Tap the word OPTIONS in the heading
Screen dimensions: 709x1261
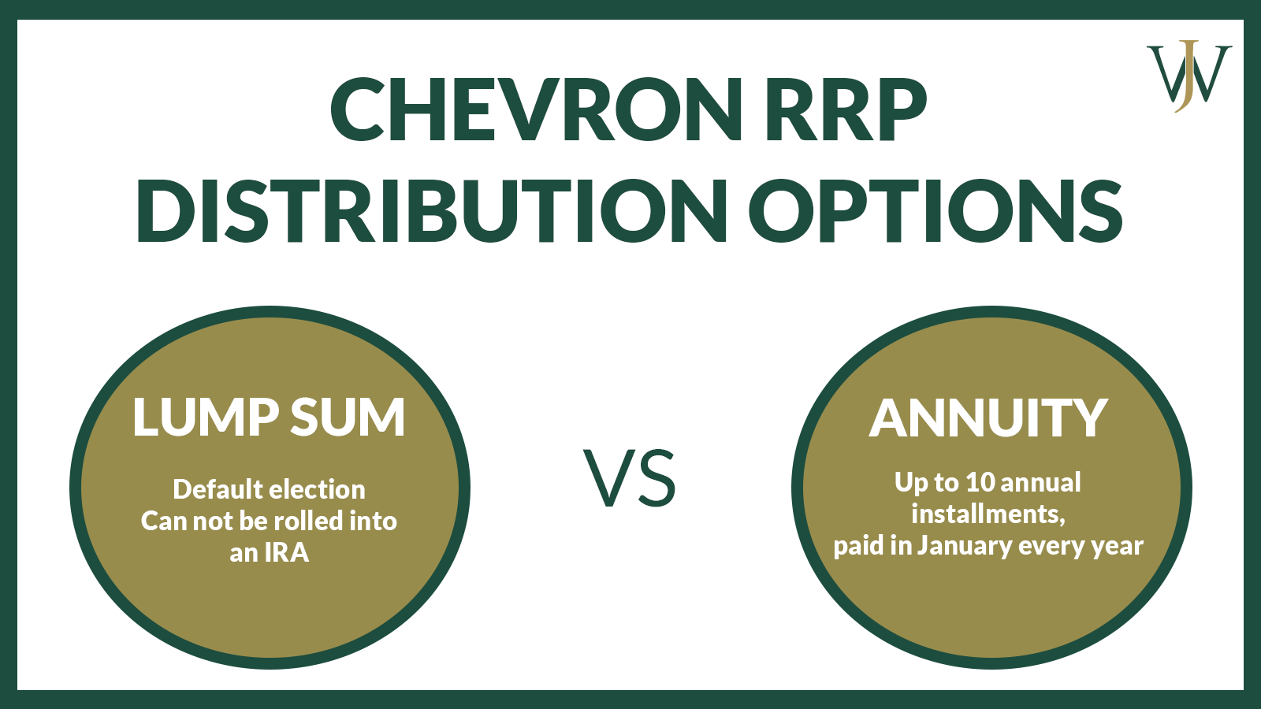936,211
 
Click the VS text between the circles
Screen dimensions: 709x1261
630,478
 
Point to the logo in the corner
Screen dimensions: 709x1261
1188,76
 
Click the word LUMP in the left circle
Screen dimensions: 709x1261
206,417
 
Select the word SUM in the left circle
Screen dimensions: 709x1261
348,417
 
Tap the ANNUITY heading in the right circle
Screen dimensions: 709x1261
988,418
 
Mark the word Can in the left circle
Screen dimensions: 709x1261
161,522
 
